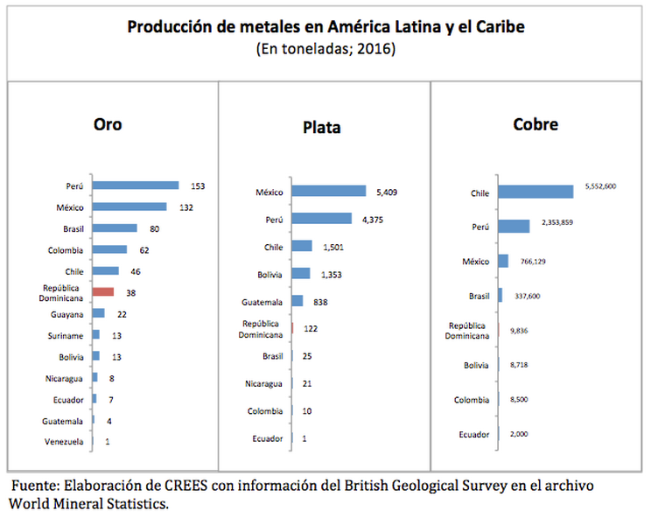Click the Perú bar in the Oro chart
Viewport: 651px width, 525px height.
click(136, 185)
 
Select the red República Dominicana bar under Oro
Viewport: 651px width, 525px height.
click(103, 291)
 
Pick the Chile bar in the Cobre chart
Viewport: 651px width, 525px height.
click(535, 192)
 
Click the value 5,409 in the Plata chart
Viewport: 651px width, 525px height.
click(386, 191)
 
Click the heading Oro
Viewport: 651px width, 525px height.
click(108, 124)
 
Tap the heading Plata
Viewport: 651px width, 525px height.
click(321, 128)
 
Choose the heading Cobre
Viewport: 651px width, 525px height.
click(535, 124)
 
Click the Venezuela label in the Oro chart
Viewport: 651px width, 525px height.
click(64, 441)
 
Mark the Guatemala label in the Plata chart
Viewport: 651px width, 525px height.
click(262, 301)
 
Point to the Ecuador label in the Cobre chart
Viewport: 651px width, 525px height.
click(473, 434)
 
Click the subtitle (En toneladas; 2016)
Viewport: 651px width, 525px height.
click(325, 50)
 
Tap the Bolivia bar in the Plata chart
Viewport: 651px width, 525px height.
click(301, 274)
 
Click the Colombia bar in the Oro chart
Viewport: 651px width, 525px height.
click(109, 249)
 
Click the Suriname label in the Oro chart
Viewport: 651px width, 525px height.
click(66, 335)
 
